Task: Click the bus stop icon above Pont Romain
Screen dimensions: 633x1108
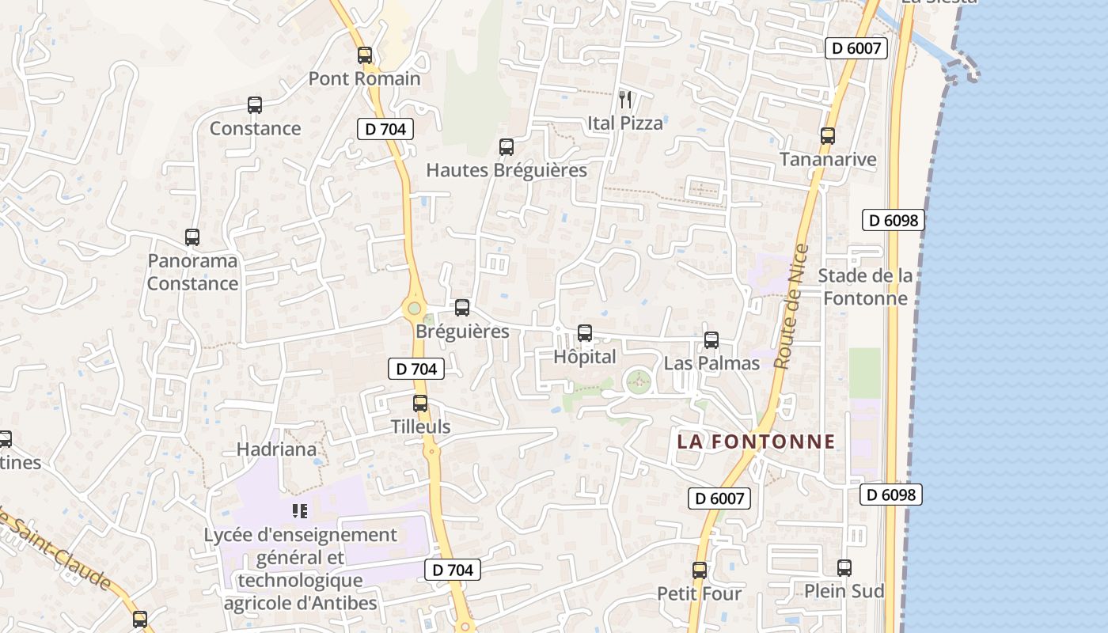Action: [364, 55]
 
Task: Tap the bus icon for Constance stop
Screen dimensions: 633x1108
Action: [255, 105]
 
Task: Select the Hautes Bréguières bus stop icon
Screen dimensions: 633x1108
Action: [507, 147]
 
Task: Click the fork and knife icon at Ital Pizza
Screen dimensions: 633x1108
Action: [625, 99]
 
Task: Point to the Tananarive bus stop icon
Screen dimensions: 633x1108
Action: [828, 136]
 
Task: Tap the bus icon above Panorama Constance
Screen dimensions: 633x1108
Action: [192, 237]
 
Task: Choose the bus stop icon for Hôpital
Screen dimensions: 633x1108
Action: [585, 334]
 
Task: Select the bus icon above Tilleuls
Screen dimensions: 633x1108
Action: [420, 404]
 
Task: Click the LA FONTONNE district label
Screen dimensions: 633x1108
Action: [756, 442]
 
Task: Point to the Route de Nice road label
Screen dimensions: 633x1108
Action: [792, 307]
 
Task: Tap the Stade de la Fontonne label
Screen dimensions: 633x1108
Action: [865, 286]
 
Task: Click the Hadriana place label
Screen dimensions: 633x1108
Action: [277, 449]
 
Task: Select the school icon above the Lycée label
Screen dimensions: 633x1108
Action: [299, 511]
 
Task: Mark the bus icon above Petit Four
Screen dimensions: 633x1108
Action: [700, 570]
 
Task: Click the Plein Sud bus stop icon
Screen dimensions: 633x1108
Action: [844, 568]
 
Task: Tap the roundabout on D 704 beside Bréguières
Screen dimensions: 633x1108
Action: [414, 308]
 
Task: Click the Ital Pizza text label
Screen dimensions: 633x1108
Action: [625, 123]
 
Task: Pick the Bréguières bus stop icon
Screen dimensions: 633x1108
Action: [462, 309]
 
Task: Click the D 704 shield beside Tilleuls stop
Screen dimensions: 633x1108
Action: [415, 368]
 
